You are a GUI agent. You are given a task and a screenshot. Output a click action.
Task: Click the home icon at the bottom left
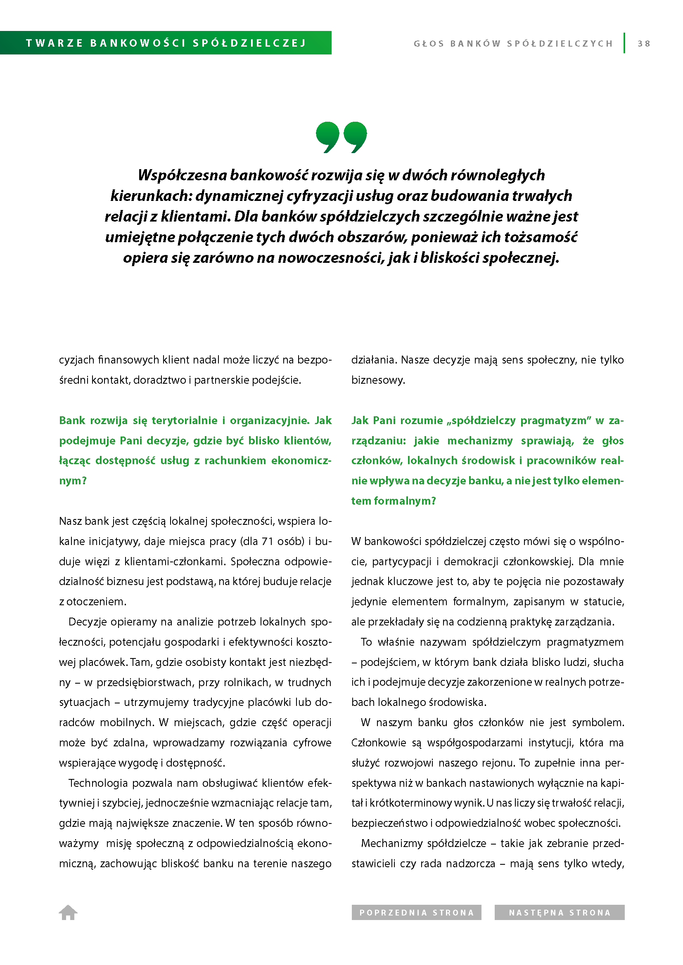[x=68, y=912]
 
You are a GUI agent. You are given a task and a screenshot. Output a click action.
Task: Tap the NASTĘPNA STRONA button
[x=559, y=913]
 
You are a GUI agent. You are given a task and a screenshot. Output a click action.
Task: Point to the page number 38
[x=643, y=44]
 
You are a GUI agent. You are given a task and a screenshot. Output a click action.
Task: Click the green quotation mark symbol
[x=341, y=137]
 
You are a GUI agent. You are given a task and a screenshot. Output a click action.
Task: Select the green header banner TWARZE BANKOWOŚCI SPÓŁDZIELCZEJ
[x=166, y=43]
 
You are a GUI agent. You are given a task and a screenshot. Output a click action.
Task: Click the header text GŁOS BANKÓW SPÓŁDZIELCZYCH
[x=513, y=44]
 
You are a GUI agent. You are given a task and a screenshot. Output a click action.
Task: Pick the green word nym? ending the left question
[x=73, y=481]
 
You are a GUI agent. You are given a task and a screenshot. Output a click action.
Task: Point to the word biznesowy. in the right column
[x=378, y=380]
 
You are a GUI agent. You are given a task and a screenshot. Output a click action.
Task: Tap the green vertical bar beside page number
[x=624, y=43]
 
